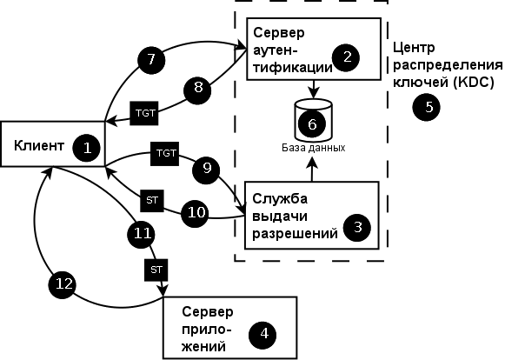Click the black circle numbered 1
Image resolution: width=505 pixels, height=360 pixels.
(87, 147)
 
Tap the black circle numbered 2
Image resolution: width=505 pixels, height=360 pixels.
(348, 58)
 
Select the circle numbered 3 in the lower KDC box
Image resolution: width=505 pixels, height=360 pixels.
(357, 228)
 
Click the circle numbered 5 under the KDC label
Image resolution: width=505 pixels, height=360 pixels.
(426, 107)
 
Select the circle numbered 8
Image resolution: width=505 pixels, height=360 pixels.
(197, 88)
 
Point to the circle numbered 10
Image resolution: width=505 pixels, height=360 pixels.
(196, 210)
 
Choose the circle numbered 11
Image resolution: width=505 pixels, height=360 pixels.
(143, 231)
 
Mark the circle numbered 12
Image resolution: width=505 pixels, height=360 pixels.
(61, 283)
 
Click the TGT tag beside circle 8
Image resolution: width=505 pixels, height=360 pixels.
(143, 113)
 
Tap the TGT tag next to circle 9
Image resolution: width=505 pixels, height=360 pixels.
(164, 153)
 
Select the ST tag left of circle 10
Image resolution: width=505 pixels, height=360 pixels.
(152, 202)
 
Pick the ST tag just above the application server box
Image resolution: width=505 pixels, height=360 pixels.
(156, 270)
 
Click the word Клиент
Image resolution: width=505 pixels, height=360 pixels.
(39, 146)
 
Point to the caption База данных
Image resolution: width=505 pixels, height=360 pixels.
(313, 148)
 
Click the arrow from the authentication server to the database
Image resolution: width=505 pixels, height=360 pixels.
(313, 89)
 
